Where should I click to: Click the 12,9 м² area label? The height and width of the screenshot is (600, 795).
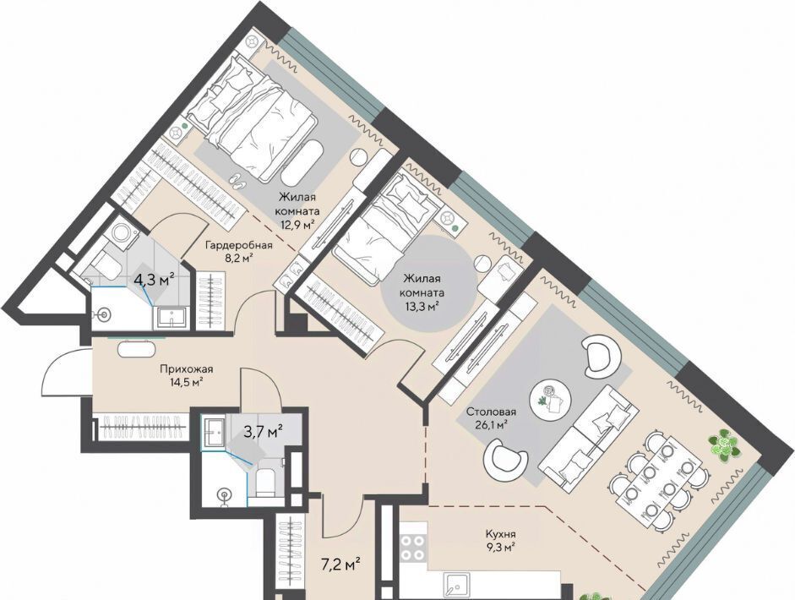(297, 224)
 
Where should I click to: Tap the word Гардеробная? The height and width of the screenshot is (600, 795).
(238, 245)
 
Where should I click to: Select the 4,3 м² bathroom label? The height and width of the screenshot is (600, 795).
(154, 278)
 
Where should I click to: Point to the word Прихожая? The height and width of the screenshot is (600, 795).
(186, 369)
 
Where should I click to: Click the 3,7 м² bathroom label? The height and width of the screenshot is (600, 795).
(263, 432)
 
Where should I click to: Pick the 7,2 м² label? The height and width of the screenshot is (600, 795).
(341, 563)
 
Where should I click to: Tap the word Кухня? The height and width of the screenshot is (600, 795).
(500, 534)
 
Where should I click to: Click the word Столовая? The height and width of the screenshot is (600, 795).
(491, 412)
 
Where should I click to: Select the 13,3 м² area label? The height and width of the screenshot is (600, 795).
(422, 306)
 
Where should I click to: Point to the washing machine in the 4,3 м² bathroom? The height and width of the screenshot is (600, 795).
(121, 232)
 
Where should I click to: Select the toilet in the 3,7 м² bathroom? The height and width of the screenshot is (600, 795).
(264, 483)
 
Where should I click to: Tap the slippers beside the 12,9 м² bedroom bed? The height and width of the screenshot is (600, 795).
(237, 180)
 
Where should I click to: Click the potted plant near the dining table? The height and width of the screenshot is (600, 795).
(724, 445)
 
